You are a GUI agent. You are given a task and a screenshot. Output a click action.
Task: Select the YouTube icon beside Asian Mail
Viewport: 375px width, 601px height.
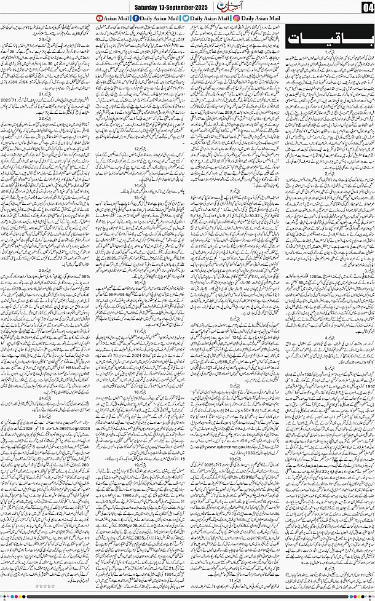pos(100,18)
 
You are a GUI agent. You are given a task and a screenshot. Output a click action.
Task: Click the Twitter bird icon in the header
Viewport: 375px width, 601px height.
pos(186,18)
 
